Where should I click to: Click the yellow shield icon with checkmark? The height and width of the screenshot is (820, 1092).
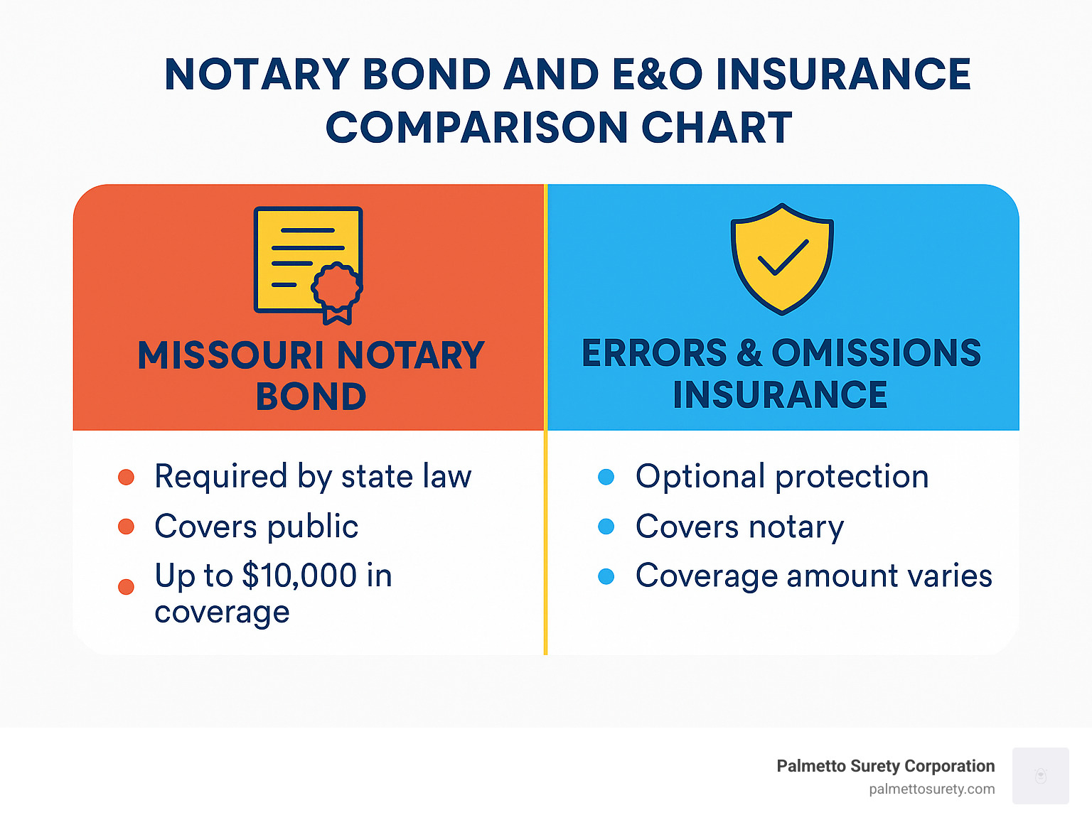pyautogui.click(x=782, y=259)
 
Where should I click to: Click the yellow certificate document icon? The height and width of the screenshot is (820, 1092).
pyautogui.click(x=307, y=259)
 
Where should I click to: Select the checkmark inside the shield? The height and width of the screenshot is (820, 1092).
pyautogui.click(x=783, y=257)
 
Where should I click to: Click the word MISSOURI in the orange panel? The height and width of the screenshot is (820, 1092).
pyautogui.click(x=231, y=355)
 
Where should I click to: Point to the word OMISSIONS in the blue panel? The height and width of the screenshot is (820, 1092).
pyautogui.click(x=876, y=353)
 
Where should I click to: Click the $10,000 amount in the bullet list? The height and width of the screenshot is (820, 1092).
pyautogui.click(x=299, y=576)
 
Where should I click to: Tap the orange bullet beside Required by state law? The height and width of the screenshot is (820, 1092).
pyautogui.click(x=127, y=477)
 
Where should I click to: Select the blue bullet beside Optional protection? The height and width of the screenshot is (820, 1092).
pyautogui.click(x=606, y=477)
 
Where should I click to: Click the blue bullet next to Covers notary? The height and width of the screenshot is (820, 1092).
pyautogui.click(x=606, y=527)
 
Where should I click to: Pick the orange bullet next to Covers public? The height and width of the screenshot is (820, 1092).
pyautogui.click(x=127, y=527)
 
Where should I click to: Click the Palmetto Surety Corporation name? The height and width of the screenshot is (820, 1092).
pyautogui.click(x=885, y=766)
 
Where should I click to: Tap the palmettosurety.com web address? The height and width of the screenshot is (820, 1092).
pyautogui.click(x=931, y=789)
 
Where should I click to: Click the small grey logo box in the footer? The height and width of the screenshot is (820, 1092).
pyautogui.click(x=1040, y=775)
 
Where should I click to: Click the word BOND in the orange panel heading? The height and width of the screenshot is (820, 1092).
pyautogui.click(x=311, y=396)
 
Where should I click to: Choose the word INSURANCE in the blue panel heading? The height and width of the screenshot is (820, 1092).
pyautogui.click(x=780, y=395)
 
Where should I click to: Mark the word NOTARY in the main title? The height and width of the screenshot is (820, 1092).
pyautogui.click(x=257, y=75)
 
